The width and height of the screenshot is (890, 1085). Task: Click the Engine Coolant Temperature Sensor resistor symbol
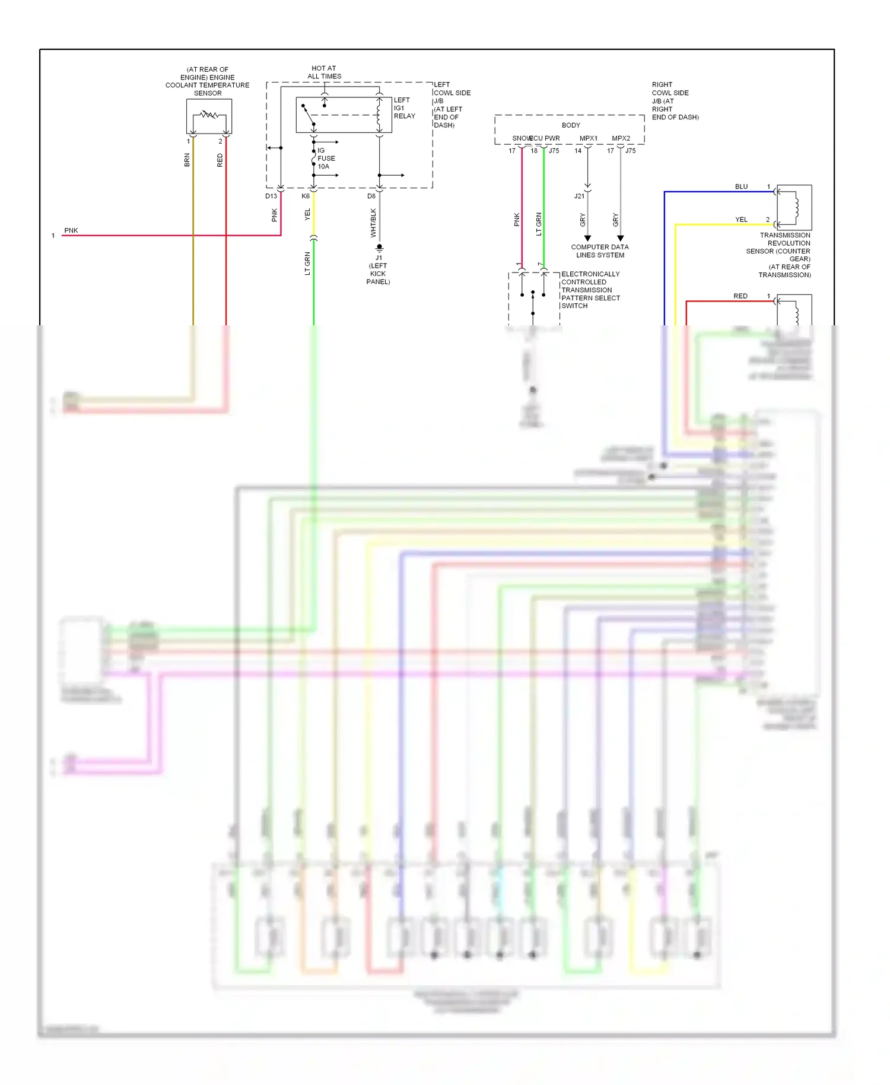click(209, 115)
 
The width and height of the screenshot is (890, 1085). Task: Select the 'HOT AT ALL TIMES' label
click(324, 72)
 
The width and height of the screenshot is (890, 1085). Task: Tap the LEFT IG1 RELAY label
click(404, 108)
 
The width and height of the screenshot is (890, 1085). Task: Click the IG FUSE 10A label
click(326, 158)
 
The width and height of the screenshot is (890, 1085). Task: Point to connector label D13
click(271, 196)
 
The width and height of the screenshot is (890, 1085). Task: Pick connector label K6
click(306, 196)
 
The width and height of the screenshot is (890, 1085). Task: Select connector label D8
click(371, 196)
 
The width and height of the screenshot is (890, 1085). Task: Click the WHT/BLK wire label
click(373, 223)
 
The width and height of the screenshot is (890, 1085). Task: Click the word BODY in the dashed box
click(571, 125)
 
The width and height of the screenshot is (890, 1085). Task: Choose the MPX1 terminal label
click(589, 138)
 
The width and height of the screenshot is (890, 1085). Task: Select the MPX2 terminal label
click(621, 138)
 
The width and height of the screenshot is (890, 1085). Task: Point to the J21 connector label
click(579, 196)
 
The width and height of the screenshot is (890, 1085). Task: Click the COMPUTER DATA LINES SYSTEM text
click(600, 251)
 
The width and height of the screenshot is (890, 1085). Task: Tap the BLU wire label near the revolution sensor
click(741, 186)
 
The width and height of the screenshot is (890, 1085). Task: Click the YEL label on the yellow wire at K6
click(307, 214)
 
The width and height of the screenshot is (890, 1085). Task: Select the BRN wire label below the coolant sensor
click(187, 160)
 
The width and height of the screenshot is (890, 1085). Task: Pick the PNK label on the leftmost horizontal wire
click(71, 230)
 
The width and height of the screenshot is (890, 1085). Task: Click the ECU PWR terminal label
click(545, 138)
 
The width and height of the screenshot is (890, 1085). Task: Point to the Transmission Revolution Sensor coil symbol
click(796, 207)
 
